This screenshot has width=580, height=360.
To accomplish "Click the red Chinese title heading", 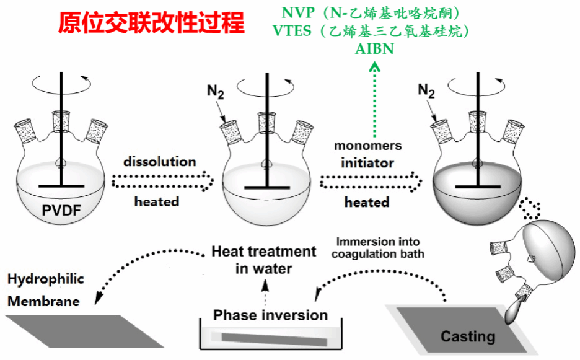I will (x=151, y=23).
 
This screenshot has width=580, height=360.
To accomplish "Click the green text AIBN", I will (x=374, y=50).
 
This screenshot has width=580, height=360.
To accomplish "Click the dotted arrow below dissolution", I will (x=163, y=182).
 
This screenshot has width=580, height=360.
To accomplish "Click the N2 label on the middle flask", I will (x=214, y=94).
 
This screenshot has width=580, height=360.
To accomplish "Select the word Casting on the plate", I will (x=468, y=336).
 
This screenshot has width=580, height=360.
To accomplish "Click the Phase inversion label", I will (x=270, y=315).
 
